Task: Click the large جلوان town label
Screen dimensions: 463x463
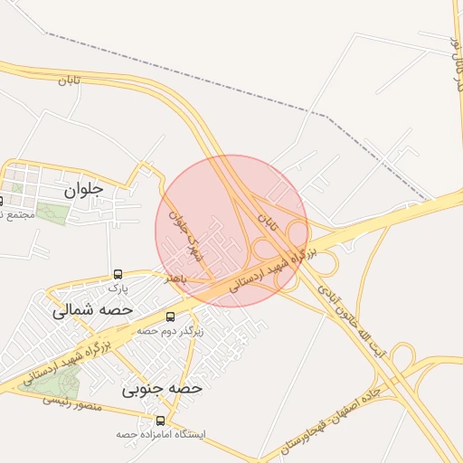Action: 84,191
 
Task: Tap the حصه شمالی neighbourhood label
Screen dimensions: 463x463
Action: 92,309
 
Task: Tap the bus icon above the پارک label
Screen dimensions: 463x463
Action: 118,274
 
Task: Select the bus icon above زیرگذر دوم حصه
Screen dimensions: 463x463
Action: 171,317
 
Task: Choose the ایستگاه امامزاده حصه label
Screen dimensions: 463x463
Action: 161,434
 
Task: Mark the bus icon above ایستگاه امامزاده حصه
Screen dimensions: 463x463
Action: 161,420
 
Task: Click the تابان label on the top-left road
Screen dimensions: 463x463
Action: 69,80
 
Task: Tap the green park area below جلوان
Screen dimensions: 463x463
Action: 53,214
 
